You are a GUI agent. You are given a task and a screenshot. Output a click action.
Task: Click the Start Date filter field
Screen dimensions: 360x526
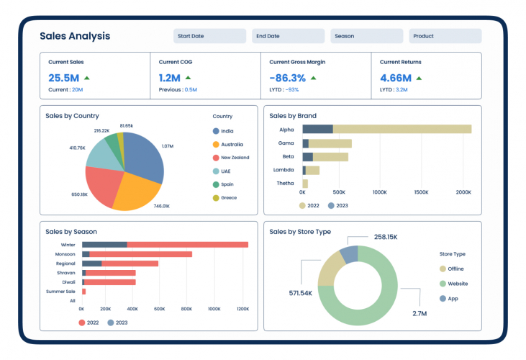coord(209,36)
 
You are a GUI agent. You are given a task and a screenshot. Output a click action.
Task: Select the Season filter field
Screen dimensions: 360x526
coord(366,36)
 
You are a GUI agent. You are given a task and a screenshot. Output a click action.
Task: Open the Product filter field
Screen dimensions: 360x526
coord(445,36)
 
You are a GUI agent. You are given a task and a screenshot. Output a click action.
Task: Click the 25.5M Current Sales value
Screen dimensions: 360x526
coord(63,78)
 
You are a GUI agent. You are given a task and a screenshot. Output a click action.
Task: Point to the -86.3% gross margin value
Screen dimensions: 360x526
coord(288,78)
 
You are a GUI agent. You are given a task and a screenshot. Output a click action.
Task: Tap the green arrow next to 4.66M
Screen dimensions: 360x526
coord(418,78)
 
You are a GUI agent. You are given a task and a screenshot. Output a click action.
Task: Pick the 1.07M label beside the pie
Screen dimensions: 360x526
coord(167,146)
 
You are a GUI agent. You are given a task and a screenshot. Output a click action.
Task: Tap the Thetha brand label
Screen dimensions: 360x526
coord(285,184)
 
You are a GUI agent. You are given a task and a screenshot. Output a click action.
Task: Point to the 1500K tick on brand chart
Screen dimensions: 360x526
coord(421,193)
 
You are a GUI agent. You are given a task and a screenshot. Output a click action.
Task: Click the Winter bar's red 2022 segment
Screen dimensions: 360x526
coord(187,245)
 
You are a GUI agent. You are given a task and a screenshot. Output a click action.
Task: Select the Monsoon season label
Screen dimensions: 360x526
coord(65,254)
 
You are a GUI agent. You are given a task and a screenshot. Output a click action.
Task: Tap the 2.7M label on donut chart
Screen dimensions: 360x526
coord(419,314)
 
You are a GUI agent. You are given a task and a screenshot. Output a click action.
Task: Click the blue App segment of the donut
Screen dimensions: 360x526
coord(349,254)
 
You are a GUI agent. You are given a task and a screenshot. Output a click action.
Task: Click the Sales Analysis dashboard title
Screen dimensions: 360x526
coord(75,36)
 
